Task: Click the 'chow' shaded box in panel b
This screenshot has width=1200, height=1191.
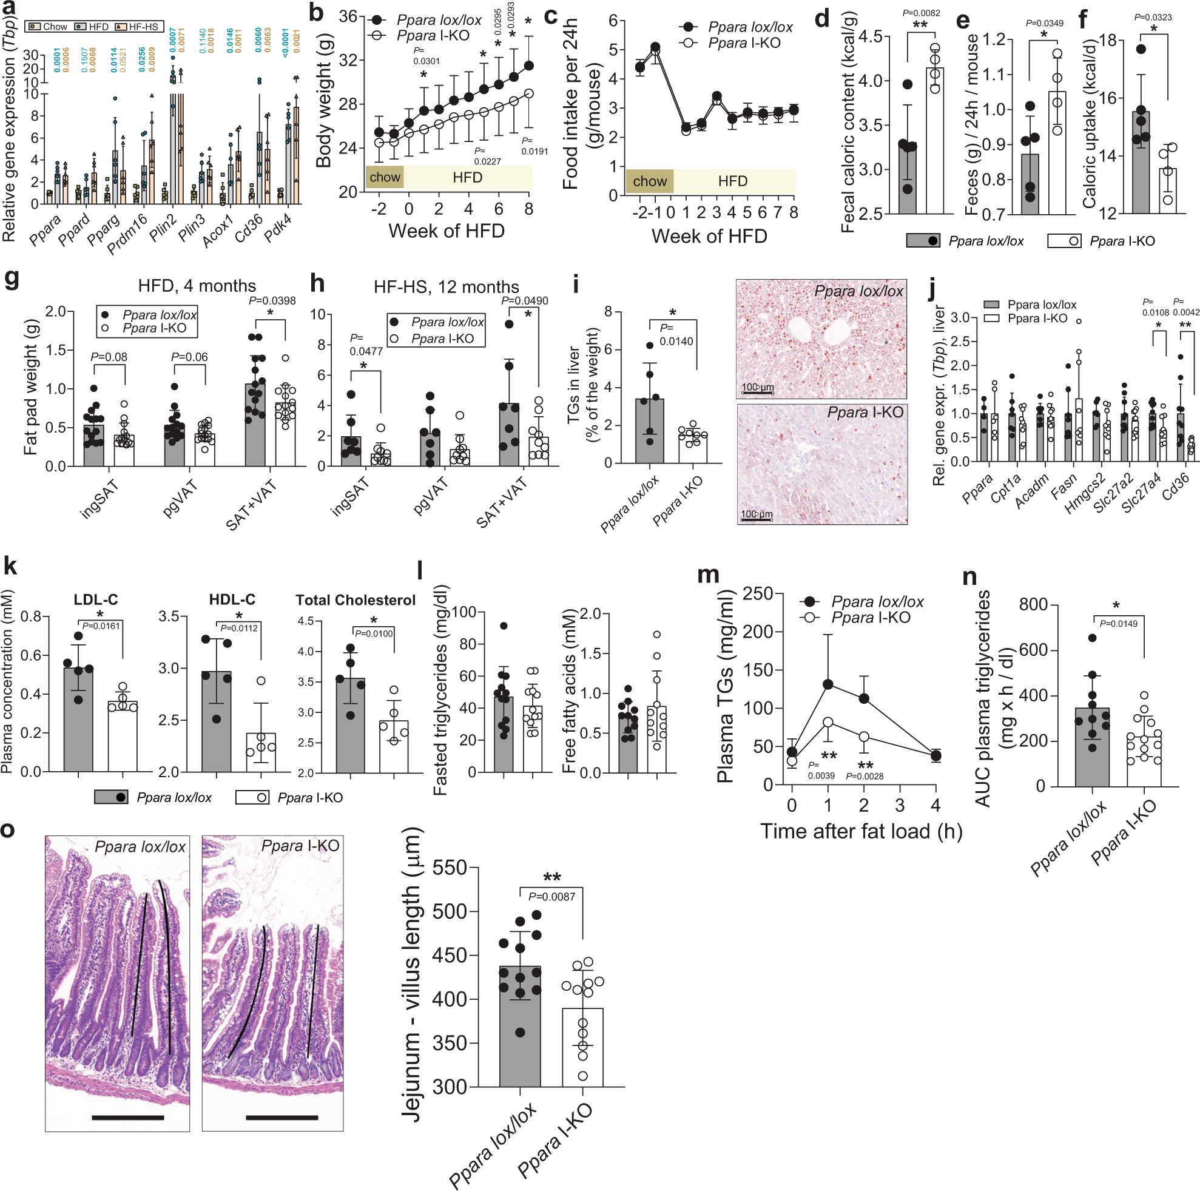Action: pos(385,177)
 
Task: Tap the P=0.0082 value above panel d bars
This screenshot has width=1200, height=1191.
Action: pos(921,12)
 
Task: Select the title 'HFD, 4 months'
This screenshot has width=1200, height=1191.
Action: pos(197,286)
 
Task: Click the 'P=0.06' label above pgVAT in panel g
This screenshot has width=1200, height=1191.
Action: pos(189,357)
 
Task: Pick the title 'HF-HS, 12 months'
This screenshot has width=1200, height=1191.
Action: pos(446,286)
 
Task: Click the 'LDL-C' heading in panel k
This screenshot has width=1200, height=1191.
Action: pos(96,599)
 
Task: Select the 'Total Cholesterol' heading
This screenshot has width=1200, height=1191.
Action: pos(356,600)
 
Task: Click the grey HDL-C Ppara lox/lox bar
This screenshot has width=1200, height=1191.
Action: pos(216,721)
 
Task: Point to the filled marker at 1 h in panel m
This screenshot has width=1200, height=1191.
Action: pos(828,684)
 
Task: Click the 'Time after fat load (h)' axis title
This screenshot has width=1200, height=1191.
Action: pos(861,831)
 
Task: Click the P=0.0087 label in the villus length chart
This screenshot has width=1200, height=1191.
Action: pos(551,896)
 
